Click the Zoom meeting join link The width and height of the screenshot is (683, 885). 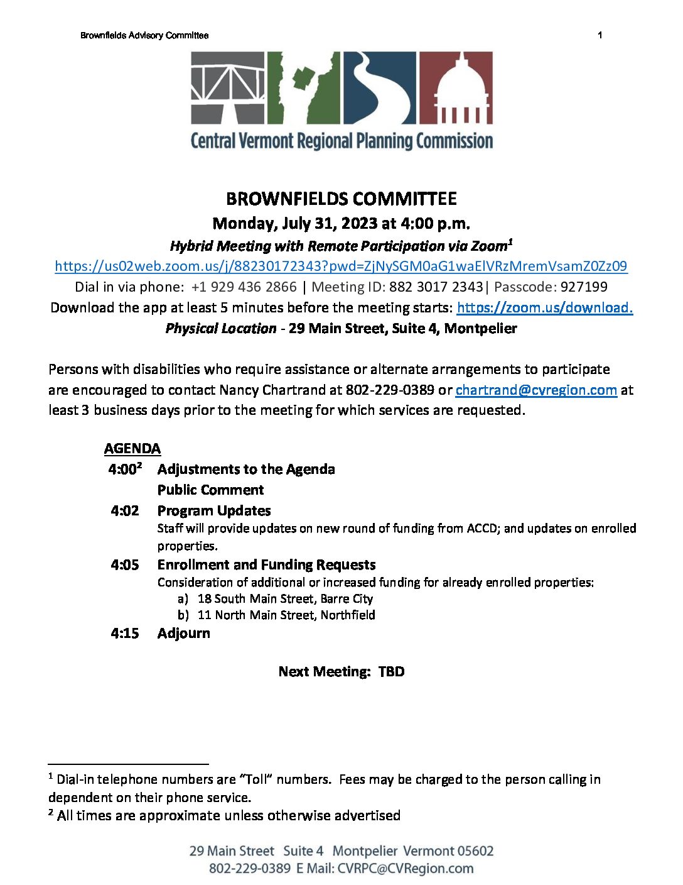(x=341, y=266)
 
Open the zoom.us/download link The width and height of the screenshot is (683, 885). (x=544, y=307)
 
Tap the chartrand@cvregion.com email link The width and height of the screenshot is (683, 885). (x=536, y=390)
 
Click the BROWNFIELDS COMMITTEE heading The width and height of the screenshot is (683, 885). (x=341, y=199)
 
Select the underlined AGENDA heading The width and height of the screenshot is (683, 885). (x=132, y=448)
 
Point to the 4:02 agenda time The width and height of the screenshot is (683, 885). (x=125, y=510)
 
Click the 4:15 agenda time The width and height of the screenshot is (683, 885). (x=125, y=633)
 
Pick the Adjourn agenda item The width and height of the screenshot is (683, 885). (x=183, y=633)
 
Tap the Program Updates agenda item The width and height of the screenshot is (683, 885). (x=214, y=510)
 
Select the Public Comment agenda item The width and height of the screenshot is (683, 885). (x=210, y=490)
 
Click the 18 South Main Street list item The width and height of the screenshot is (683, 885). (x=285, y=598)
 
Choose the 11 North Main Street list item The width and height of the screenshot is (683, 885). (x=286, y=615)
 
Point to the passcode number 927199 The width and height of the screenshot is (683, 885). (x=584, y=287)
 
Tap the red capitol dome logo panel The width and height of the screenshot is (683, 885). (x=456, y=87)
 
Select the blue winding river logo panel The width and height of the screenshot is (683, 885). (x=379, y=87)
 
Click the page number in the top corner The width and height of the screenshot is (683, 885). (x=600, y=35)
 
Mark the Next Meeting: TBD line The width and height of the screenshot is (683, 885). (x=341, y=671)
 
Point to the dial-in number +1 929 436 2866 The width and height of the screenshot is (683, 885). (x=244, y=287)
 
